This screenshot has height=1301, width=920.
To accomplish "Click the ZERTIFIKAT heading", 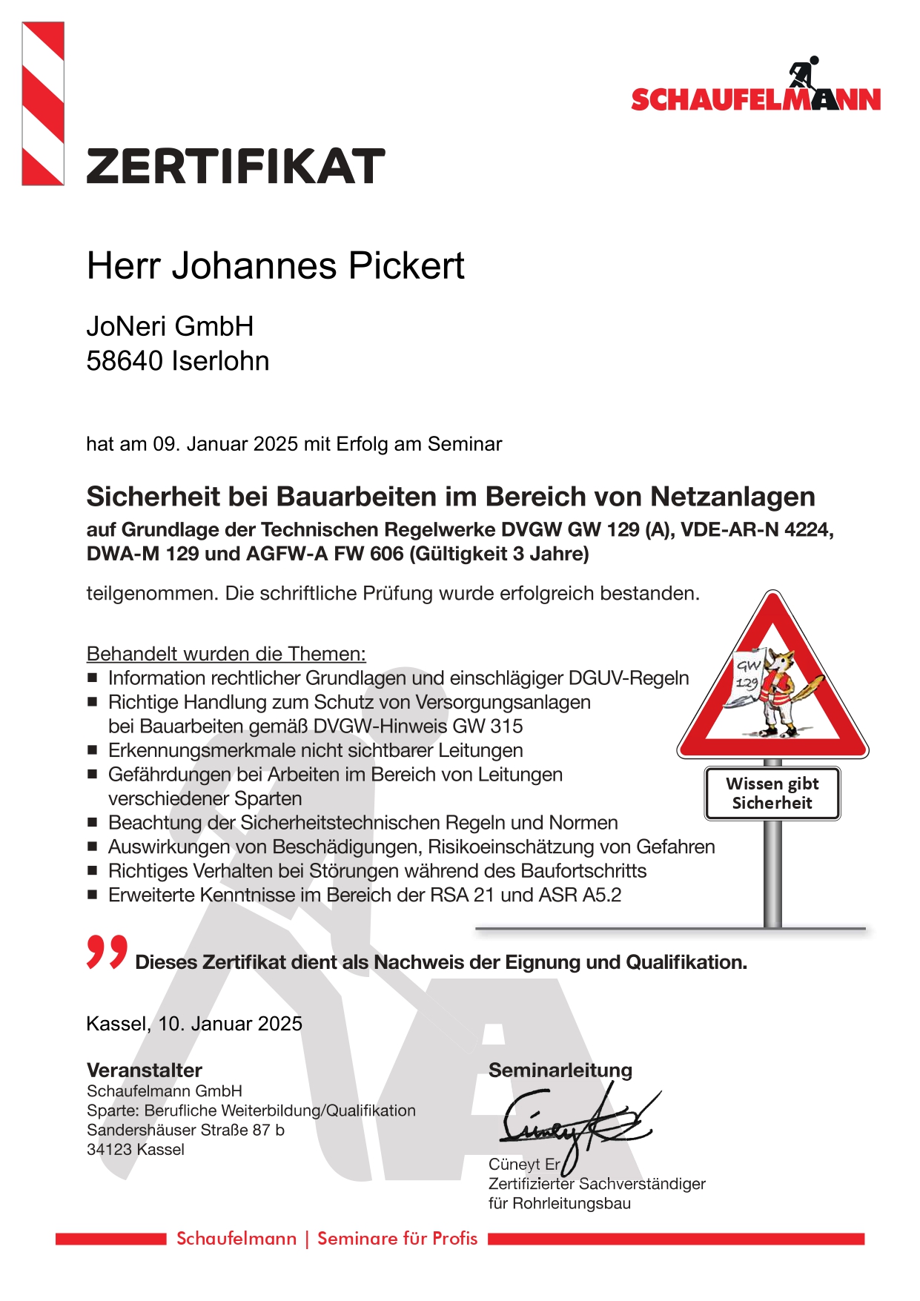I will click(236, 166).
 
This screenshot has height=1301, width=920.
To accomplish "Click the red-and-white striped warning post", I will click(43, 103).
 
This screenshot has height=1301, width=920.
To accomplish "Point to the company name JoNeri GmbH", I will click(170, 326).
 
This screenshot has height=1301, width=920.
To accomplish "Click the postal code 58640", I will click(125, 361).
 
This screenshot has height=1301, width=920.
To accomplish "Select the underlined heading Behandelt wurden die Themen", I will click(226, 654).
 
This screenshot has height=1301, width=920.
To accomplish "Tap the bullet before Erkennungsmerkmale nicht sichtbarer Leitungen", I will click(93, 750).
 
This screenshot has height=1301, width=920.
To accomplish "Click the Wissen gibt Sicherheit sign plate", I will click(772, 793).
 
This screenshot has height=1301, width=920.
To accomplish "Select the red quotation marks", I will click(107, 952).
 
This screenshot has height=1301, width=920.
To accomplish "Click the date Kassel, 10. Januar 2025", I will click(194, 1024).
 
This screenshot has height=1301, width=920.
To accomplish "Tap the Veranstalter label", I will click(145, 1070).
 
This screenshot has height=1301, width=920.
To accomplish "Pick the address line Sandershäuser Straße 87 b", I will click(185, 1130).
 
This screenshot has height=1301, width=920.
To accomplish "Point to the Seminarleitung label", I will click(560, 1070).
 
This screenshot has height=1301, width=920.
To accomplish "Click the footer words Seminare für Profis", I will click(397, 1239).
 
